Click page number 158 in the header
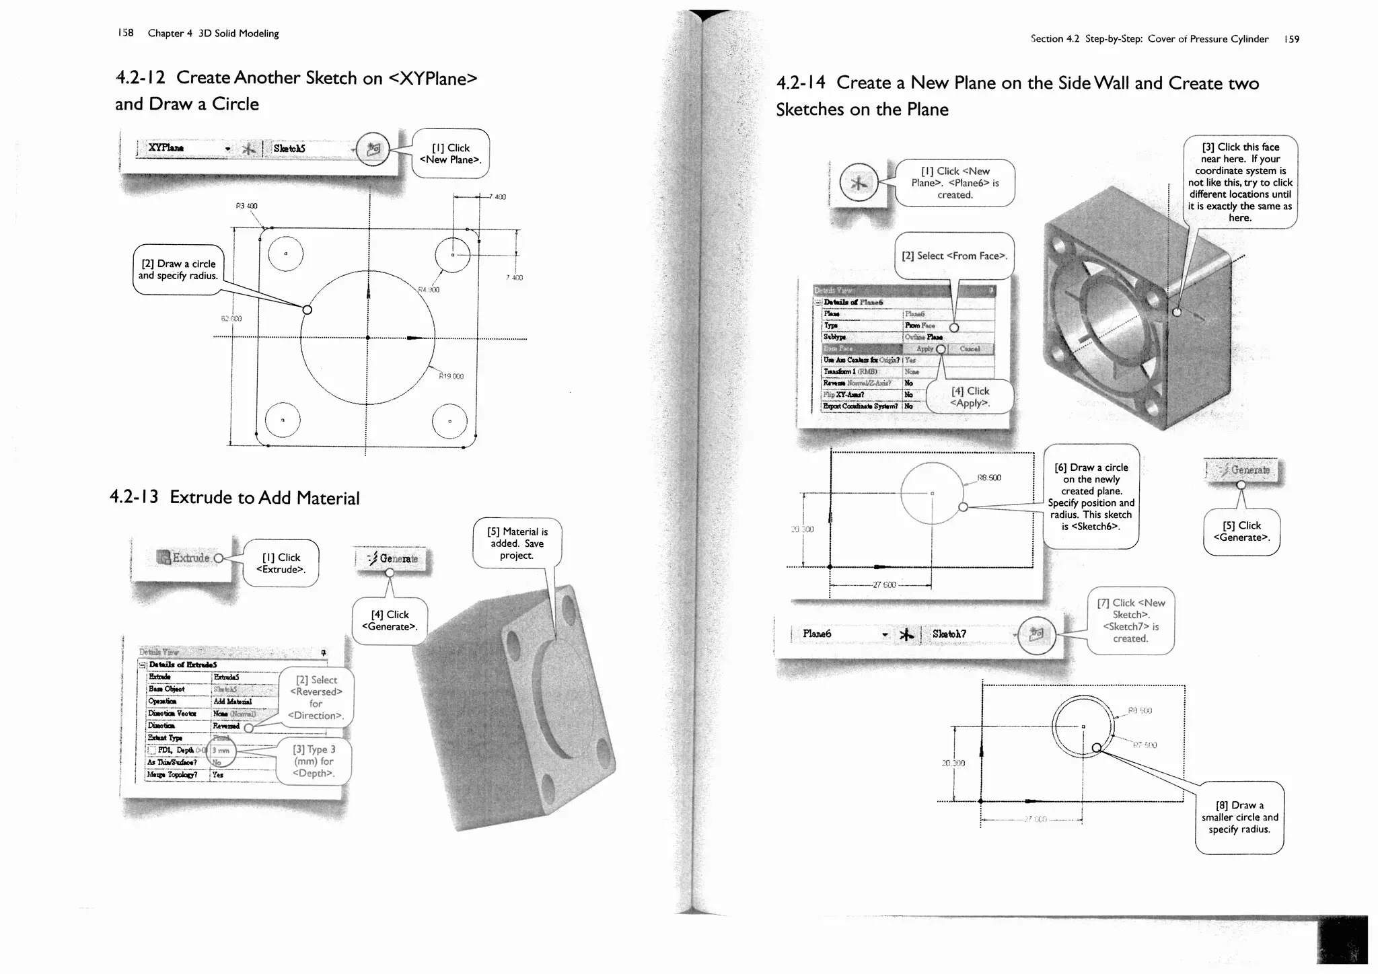tap(126, 33)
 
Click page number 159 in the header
tap(1291, 39)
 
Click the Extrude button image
tap(183, 558)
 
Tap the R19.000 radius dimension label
tap(451, 377)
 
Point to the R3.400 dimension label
tap(246, 206)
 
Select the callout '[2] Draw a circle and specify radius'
tap(178, 270)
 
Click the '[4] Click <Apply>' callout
tap(970, 397)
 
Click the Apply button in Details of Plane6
tap(925, 349)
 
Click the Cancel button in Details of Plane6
tap(970, 349)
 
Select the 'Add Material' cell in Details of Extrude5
tap(233, 702)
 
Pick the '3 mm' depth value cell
tap(221, 751)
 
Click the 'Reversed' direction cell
tap(226, 726)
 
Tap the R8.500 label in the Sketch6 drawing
tap(989, 478)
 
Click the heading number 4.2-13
tap(134, 497)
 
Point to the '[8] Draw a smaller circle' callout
tap(1239, 817)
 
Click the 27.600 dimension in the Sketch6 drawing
tap(884, 585)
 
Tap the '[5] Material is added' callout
tap(517, 544)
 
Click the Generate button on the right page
tap(1245, 470)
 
